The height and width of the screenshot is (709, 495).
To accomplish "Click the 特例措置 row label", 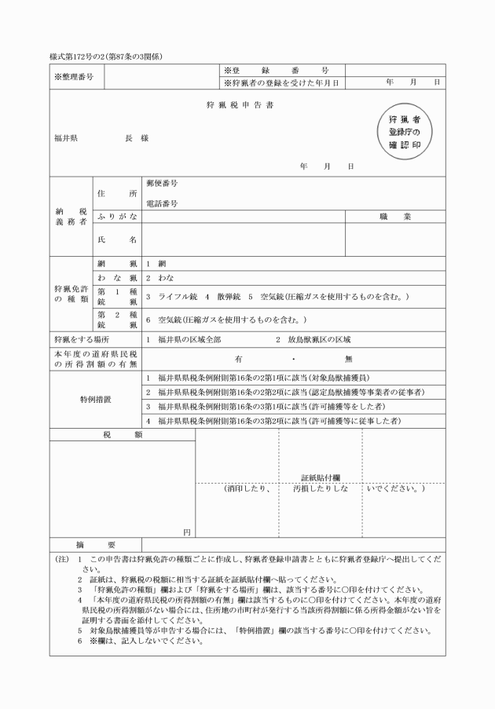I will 95,400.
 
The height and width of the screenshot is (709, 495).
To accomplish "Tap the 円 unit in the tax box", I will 187,532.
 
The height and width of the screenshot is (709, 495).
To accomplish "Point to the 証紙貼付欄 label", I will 320,477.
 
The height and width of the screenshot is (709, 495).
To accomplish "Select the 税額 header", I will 122,434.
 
